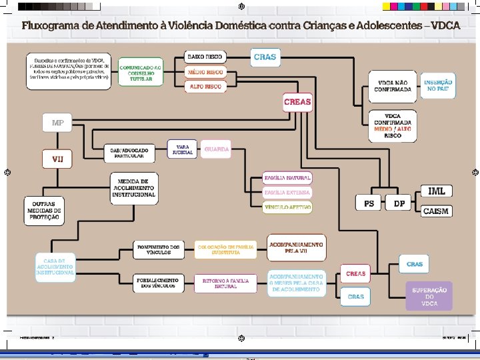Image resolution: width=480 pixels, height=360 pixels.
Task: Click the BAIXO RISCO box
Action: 205,57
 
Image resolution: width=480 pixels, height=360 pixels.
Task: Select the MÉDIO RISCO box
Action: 205,72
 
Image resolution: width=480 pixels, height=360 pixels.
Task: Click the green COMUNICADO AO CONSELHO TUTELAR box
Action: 141,73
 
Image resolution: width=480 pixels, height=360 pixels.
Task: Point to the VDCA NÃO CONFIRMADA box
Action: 393,86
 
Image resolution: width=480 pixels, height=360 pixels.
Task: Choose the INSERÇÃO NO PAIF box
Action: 438,85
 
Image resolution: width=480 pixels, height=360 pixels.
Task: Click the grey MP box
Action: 58,123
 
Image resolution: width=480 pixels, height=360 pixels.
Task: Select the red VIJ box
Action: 58,159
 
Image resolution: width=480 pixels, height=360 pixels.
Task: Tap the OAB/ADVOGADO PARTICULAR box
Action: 129,153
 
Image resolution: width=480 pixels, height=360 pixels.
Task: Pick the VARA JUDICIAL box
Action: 182,149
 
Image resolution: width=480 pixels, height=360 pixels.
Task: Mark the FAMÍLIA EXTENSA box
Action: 287,193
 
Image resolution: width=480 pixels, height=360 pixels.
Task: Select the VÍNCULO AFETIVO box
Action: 287,208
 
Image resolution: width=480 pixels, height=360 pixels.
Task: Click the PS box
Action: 369,203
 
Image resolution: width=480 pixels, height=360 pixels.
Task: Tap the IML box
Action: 437,191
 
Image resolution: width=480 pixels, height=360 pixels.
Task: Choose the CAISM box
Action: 437,211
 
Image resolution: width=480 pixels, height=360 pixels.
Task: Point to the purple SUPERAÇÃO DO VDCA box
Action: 429,296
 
